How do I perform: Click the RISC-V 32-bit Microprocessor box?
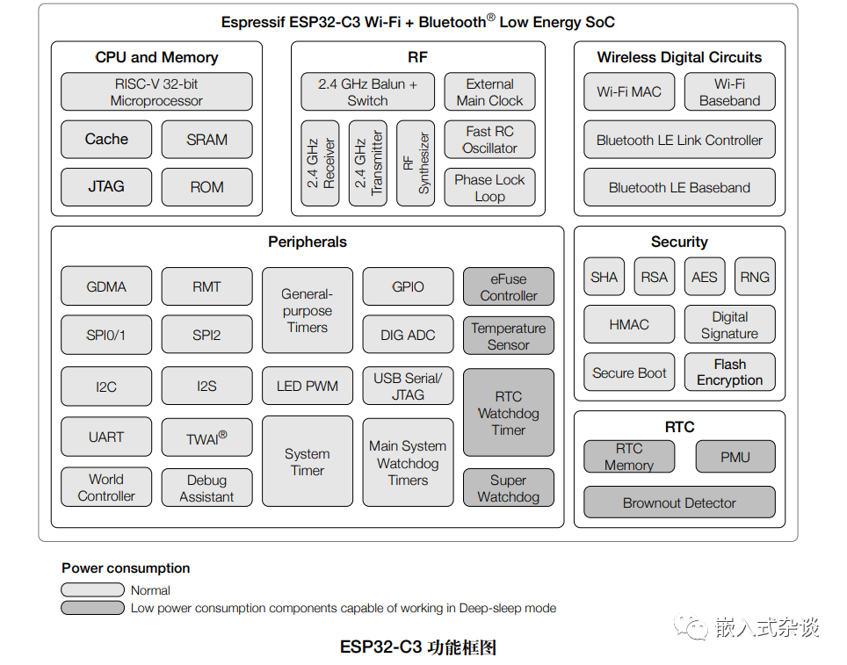tap(156, 92)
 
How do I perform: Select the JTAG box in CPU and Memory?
tap(106, 187)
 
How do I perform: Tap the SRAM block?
tap(206, 140)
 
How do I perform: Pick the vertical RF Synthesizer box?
tap(416, 163)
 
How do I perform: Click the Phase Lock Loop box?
tap(489, 188)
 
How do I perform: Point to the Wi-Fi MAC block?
tap(629, 92)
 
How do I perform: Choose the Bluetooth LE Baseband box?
tap(679, 188)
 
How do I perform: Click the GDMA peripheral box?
tap(106, 287)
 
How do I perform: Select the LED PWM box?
tap(308, 387)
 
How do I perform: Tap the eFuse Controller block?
tap(509, 287)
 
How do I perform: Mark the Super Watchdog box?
tap(509, 488)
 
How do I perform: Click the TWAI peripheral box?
tap(206, 437)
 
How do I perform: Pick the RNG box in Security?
tap(755, 278)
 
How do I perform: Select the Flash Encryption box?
tap(730, 372)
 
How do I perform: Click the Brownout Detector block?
tap(679, 503)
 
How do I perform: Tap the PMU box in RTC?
tap(735, 457)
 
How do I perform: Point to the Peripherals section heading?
tap(308, 242)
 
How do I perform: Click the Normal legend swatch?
tap(92, 590)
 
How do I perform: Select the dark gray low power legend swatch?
tap(92, 608)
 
